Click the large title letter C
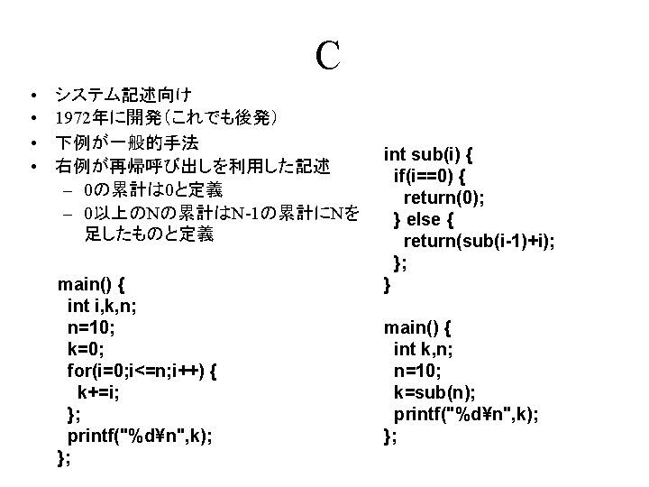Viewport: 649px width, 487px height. [x=328, y=55]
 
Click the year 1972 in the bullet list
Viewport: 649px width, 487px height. [x=73, y=118]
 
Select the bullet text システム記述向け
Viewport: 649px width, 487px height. [x=123, y=95]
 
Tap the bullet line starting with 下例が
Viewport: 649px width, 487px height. [x=127, y=142]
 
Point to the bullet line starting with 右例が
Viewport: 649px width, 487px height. [x=193, y=167]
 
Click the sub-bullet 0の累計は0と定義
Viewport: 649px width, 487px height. [x=153, y=190]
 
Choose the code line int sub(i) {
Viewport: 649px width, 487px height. [x=428, y=154]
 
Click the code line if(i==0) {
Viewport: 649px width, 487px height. [x=429, y=176]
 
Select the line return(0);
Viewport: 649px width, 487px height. [x=443, y=198]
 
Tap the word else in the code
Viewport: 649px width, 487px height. [x=424, y=219]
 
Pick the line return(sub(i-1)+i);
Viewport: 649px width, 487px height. [x=479, y=241]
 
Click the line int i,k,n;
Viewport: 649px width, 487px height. [x=102, y=306]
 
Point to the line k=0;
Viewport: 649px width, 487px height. [x=86, y=349]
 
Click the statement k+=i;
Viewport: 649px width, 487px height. [x=98, y=392]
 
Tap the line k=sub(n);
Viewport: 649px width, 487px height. [x=434, y=392]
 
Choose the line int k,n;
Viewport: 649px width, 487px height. [x=423, y=349]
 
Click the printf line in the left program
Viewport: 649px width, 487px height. [x=140, y=436]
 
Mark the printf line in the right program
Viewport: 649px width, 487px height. [x=466, y=414]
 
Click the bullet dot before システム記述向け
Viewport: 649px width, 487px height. [x=34, y=96]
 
